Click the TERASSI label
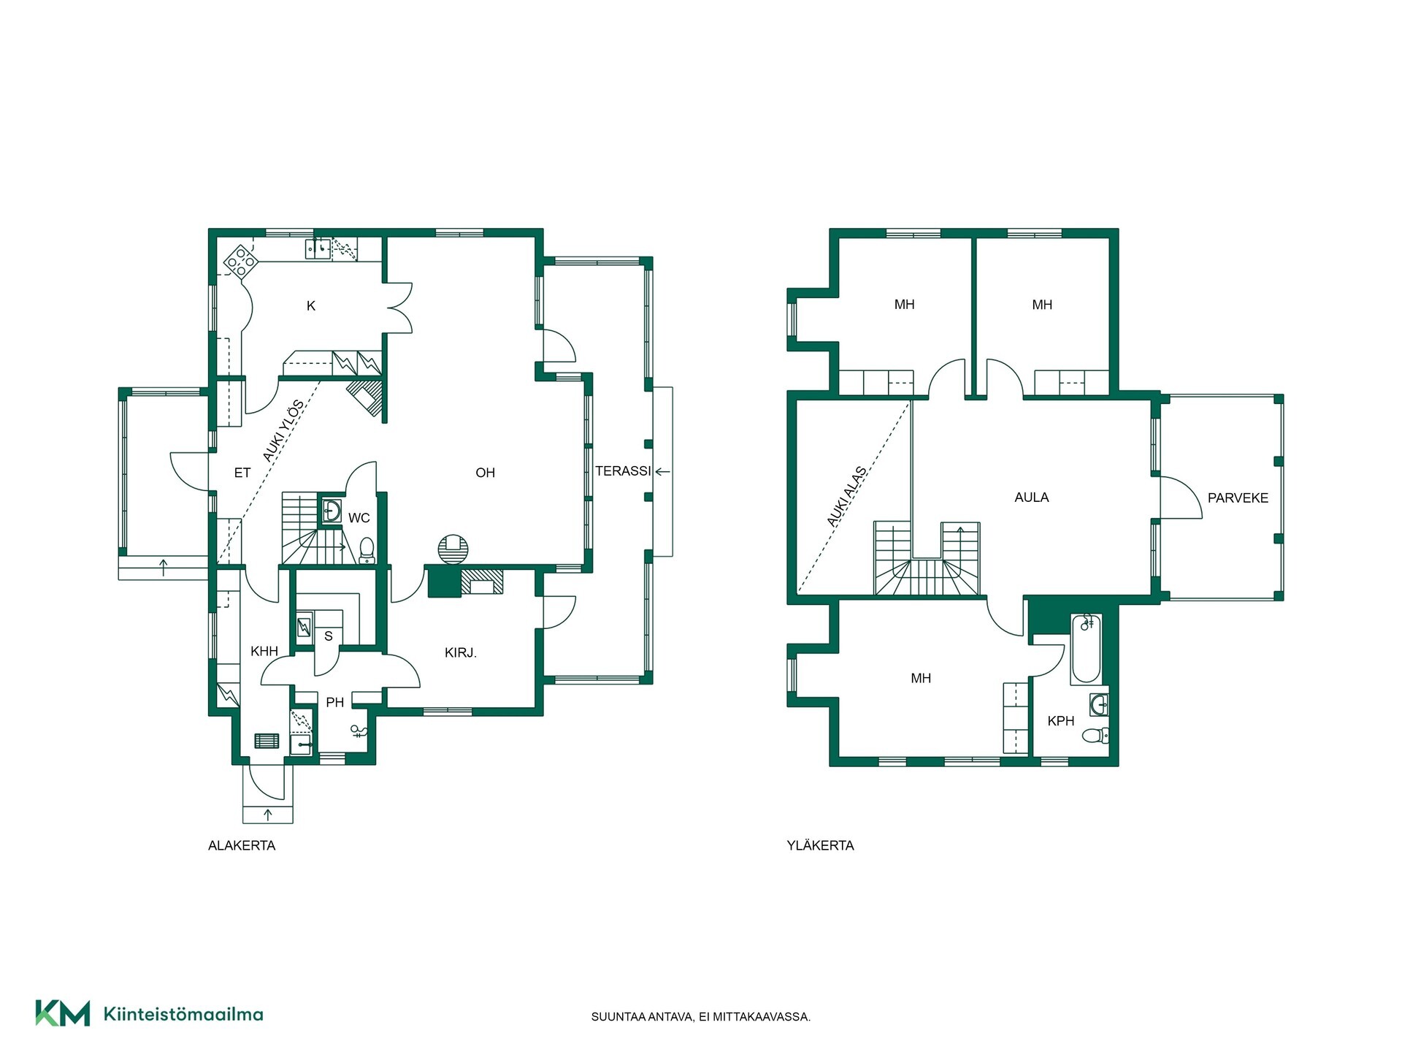coord(623,471)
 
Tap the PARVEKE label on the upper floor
coord(1238,498)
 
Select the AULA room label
coord(1031,498)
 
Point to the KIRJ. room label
coord(460,653)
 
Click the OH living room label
coord(485,473)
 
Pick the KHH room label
coord(264,651)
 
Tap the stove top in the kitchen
coord(240,262)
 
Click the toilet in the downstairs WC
coord(367,550)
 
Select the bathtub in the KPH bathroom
coord(1086,649)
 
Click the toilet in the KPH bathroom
coord(1095,735)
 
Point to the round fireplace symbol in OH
coord(453,549)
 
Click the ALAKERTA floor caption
coord(242,845)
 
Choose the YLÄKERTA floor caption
coord(820,845)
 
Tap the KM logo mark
coord(63,1013)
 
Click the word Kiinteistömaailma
coord(183,1014)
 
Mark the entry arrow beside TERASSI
coord(662,472)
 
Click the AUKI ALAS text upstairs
coord(847,497)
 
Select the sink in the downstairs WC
coord(332,511)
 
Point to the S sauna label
coord(329,636)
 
